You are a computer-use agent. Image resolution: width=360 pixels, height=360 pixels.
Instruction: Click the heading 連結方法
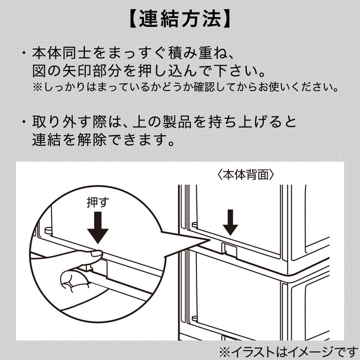[x=180, y=19]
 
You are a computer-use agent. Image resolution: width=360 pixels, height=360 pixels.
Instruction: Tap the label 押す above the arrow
[x=98, y=202]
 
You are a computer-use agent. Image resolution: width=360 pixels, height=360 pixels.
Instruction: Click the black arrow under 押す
[x=98, y=227]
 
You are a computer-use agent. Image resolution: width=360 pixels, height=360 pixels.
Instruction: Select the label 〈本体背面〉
[x=246, y=175]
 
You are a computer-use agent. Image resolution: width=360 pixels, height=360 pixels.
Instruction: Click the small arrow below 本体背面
[x=230, y=222]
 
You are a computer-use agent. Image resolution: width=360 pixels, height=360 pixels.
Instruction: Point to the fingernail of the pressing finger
[x=96, y=254]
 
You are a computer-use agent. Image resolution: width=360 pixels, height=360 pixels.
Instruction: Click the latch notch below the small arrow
[x=229, y=249]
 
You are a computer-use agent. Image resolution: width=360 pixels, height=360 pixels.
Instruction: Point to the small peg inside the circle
[x=48, y=230]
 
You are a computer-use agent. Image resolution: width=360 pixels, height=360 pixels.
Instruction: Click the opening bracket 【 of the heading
[x=134, y=19]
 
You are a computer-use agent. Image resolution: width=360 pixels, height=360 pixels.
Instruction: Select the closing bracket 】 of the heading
[x=226, y=19]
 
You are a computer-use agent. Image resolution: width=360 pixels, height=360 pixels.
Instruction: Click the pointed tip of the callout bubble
[x=210, y=240]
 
